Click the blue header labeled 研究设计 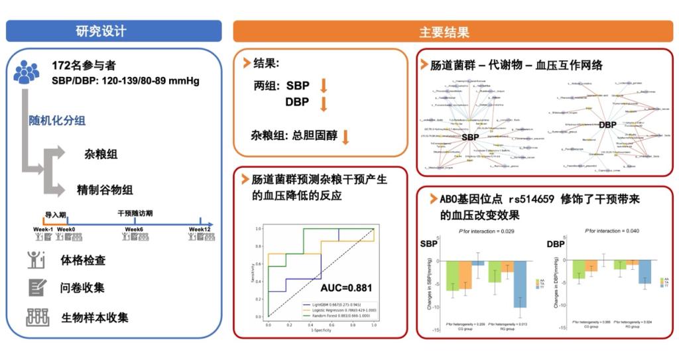coord(113,30)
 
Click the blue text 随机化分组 coord(56,121)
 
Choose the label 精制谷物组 coord(105,190)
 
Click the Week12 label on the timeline coord(200,229)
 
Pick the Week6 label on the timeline coord(135,229)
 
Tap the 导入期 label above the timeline coord(55,215)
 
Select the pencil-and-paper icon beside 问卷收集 coord(37,287)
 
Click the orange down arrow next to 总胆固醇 coord(345,137)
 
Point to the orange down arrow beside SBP coord(324,86)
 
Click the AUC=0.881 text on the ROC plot coord(345,288)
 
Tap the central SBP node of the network coord(470,137)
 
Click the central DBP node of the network coord(607,125)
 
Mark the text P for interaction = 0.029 coord(487,231)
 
